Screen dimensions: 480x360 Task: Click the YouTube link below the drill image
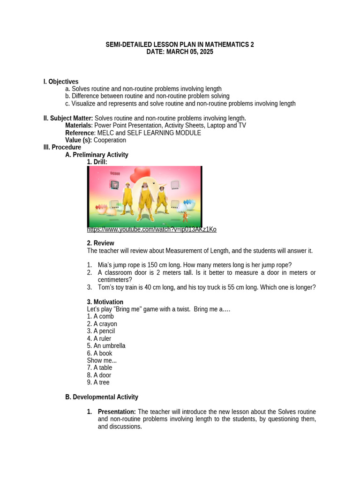coord(151,229)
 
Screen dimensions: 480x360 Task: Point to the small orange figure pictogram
coord(185,216)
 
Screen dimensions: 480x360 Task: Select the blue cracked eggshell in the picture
coord(189,204)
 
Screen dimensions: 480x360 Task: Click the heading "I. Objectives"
coord(61,82)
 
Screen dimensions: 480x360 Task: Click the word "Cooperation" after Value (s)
coord(110,140)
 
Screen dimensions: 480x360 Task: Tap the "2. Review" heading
coord(100,243)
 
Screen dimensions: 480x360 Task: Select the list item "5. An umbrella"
coord(106,346)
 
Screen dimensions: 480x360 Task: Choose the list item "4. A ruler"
coord(100,338)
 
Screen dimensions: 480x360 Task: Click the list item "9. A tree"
coord(98,382)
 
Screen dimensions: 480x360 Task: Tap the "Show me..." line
coord(102,360)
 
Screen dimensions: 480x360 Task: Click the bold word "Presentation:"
coord(117,412)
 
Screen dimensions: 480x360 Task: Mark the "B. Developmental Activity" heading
coord(102,397)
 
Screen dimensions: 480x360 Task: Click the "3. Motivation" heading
coord(105,302)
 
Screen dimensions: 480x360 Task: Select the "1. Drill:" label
coord(97,162)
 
